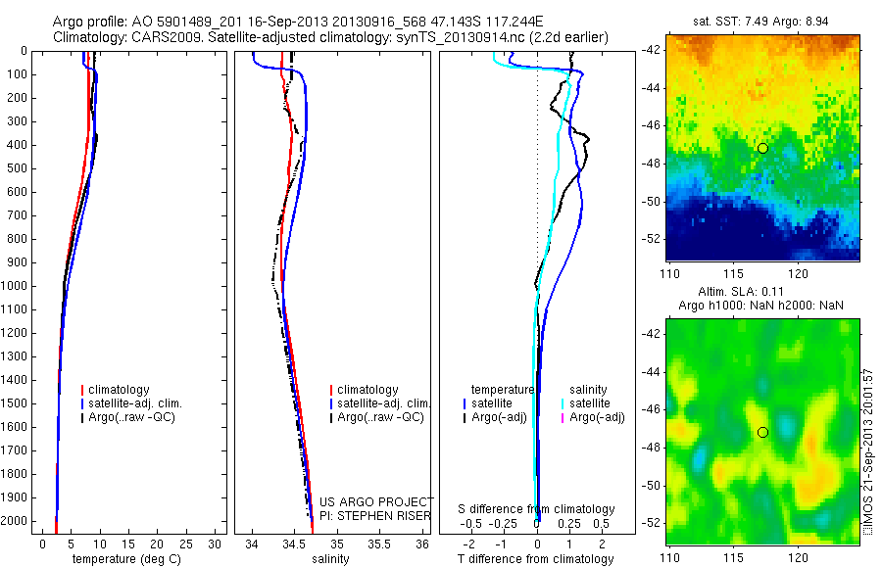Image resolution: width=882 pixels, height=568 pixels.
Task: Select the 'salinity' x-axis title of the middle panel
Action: pos(329,559)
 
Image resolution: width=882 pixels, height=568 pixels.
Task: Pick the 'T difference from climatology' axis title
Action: pos(536,559)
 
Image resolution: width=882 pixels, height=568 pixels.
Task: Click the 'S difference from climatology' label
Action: pos(536,509)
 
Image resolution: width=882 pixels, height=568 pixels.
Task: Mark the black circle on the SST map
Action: pos(762,148)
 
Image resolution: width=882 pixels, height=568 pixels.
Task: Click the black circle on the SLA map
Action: pos(762,432)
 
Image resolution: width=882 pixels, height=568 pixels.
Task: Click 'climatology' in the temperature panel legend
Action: pos(119,390)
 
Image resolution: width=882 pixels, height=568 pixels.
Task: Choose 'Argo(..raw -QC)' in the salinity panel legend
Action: pos(380,417)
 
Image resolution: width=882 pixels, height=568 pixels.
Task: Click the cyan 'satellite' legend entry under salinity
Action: pos(589,403)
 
